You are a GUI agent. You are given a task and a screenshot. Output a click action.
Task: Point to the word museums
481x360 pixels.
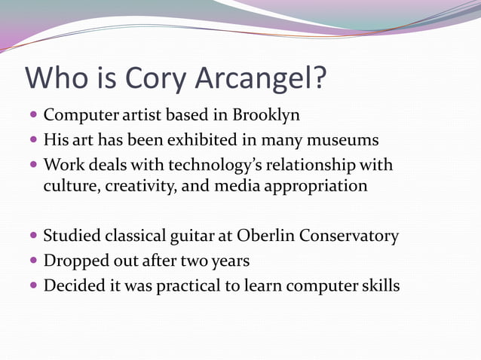(x=344, y=140)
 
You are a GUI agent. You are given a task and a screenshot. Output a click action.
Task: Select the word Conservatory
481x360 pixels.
(x=349, y=236)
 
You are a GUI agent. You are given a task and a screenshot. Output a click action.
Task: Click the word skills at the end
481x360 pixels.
(x=378, y=285)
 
